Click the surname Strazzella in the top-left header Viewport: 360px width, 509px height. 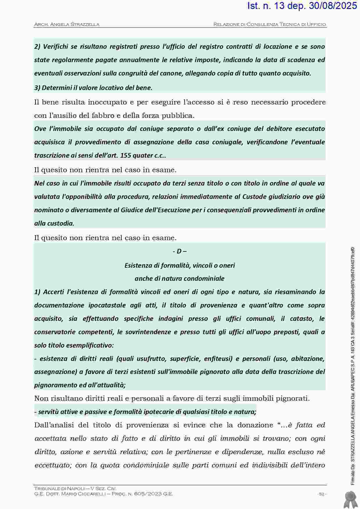point(85,24)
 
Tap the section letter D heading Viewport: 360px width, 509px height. point(179,251)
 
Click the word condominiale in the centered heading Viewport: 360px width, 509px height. point(205,278)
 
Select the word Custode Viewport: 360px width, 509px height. point(255,197)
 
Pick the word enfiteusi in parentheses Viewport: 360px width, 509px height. point(217,359)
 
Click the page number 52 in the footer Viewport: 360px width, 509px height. point(322,494)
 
